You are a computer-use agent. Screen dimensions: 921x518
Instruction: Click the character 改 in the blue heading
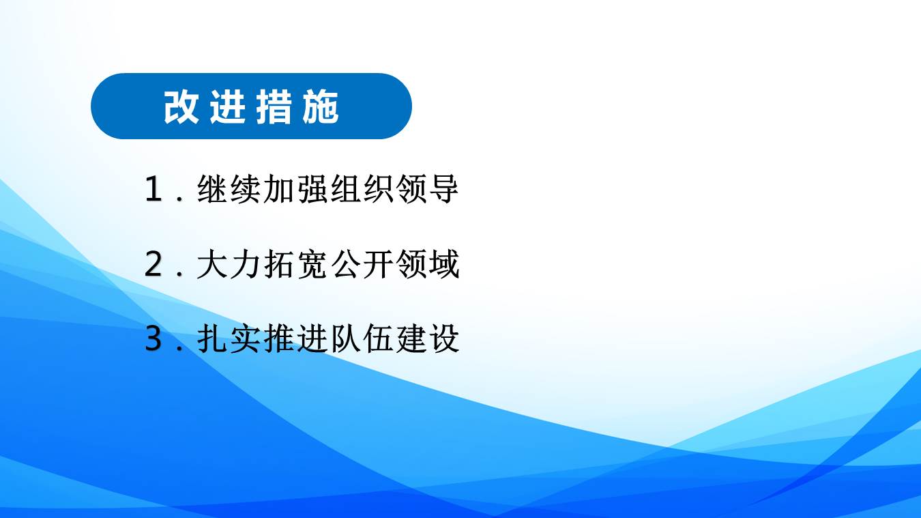[181, 107]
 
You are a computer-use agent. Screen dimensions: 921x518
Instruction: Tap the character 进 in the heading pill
[228, 107]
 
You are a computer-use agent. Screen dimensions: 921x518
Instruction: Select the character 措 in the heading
[274, 107]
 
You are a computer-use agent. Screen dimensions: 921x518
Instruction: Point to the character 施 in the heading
[321, 107]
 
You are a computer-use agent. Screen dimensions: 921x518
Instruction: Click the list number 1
[153, 189]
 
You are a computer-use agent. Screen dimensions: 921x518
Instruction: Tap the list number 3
[153, 339]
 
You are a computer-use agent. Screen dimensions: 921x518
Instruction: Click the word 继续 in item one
[229, 189]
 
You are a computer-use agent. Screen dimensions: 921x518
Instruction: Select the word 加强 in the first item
[295, 189]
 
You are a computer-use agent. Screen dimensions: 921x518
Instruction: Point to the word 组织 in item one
[362, 189]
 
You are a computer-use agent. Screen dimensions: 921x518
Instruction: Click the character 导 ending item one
[443, 189]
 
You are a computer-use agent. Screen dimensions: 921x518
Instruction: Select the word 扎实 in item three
[229, 339]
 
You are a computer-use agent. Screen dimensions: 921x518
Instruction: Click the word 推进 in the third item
[295, 339]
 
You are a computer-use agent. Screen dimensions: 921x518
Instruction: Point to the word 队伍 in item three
[362, 339]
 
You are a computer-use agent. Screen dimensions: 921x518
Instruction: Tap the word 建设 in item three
[428, 339]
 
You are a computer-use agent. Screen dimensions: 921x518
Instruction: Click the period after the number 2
[179, 274]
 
